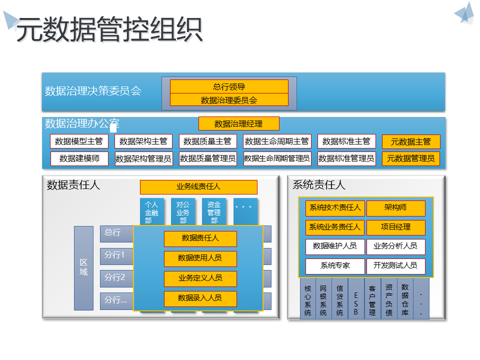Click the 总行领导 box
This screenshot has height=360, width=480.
tap(229, 86)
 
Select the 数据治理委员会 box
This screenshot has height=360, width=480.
tap(229, 100)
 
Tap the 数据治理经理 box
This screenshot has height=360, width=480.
tap(238, 123)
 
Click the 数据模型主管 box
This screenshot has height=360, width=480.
tap(79, 141)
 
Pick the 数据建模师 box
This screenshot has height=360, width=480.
tap(79, 158)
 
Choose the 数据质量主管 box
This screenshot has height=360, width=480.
tap(207, 141)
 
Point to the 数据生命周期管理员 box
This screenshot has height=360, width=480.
tap(277, 158)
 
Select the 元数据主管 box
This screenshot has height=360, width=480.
tap(410, 141)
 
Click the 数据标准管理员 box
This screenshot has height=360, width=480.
tap(346, 158)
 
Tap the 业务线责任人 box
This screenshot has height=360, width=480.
tap(198, 187)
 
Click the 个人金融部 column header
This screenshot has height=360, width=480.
tap(151, 212)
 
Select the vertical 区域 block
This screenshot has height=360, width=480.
tap(83, 268)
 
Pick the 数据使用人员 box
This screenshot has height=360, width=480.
tap(200, 258)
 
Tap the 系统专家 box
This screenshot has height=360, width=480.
tap(335, 266)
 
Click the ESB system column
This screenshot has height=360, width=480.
tap(356, 298)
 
